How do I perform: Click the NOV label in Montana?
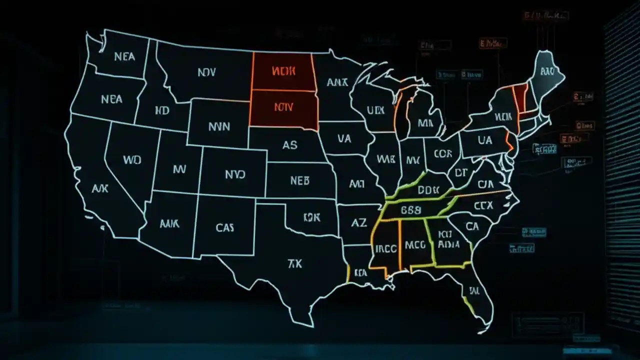pyautogui.click(x=206, y=72)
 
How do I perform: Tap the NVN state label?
pyautogui.click(x=219, y=126)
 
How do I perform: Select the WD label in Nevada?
pyautogui.click(x=131, y=160)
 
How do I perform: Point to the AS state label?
pyautogui.click(x=289, y=145)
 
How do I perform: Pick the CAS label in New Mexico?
pyautogui.click(x=225, y=228)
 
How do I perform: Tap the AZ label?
pyautogui.click(x=359, y=223)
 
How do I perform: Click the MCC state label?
pyautogui.click(x=415, y=245)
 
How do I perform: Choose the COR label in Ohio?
pyautogui.click(x=443, y=154)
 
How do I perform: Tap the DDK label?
pyautogui.click(x=427, y=190)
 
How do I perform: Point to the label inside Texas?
pyautogui.click(x=295, y=263)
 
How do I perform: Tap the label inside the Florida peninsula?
pyautogui.click(x=472, y=290)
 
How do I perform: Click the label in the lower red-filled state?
pyautogui.click(x=283, y=106)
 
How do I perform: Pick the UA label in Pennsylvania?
pyautogui.click(x=485, y=141)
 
